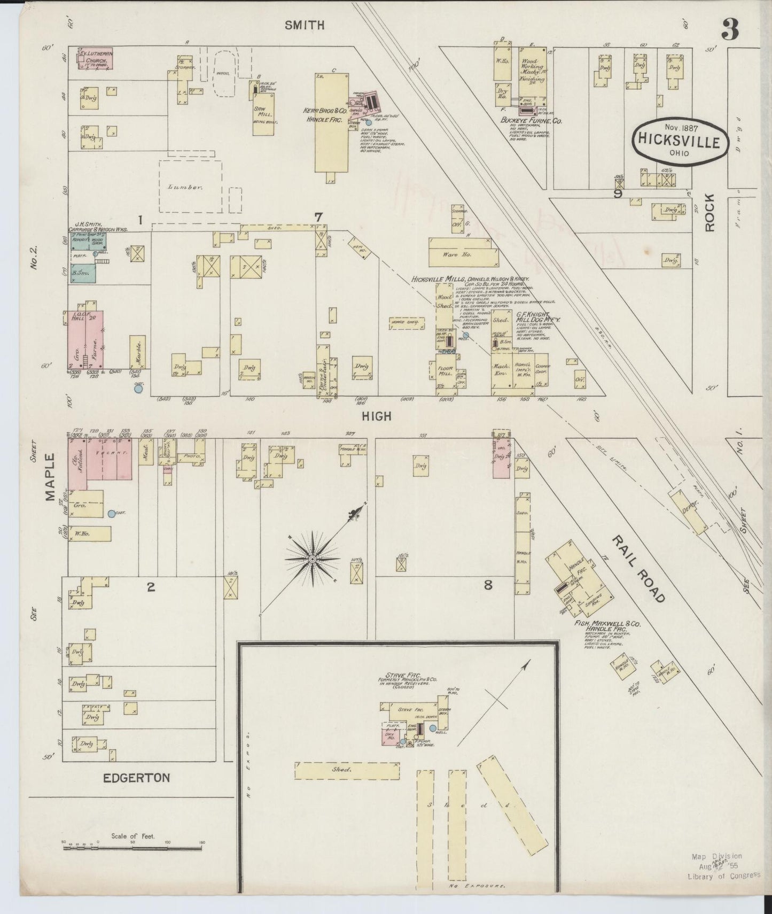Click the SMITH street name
pos(305,25)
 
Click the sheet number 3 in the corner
pos(730,30)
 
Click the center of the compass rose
pos(312,559)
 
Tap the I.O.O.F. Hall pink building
pos(85,339)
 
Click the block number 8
pos(487,585)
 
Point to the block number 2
pos(151,587)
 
